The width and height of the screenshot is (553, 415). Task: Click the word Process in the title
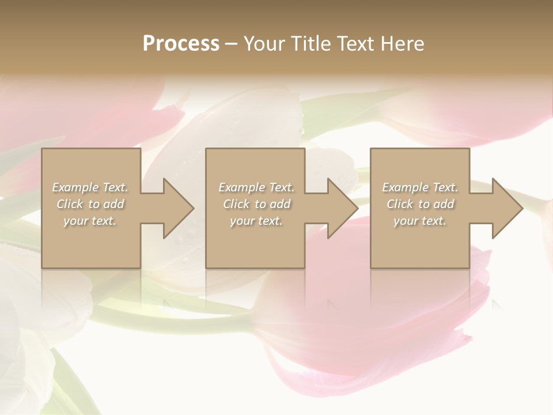pos(181,44)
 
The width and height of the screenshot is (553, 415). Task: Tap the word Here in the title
pos(403,44)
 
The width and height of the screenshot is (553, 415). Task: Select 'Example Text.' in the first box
pos(90,187)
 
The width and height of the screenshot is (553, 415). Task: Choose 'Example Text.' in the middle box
pos(256,187)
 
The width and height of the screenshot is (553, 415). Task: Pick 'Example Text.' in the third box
pos(420,187)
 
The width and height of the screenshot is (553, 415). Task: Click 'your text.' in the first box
pos(90,221)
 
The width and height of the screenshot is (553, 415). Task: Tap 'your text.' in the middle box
pos(256,221)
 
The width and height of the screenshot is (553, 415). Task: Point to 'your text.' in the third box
pos(420,221)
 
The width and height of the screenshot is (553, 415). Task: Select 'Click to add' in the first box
pos(90,204)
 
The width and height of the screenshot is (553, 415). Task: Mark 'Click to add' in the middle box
pos(257,204)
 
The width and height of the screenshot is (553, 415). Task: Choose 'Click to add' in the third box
pos(421,204)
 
